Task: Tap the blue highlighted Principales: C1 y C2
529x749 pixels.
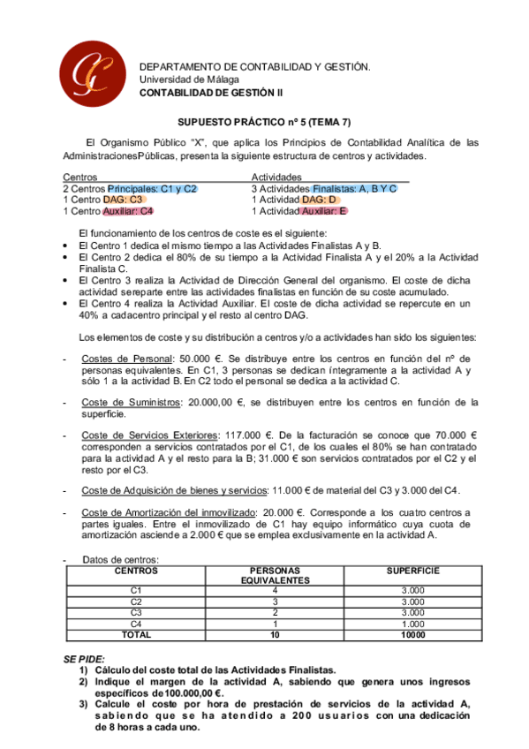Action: tap(152, 188)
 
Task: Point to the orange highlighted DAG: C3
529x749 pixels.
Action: tap(123, 200)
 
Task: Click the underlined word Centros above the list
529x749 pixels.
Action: tap(80, 177)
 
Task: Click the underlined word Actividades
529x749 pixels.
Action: tap(276, 177)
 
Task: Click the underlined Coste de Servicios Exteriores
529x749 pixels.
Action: tap(148, 435)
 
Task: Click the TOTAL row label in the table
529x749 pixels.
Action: tap(136, 634)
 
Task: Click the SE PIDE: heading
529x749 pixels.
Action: tap(84, 659)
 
